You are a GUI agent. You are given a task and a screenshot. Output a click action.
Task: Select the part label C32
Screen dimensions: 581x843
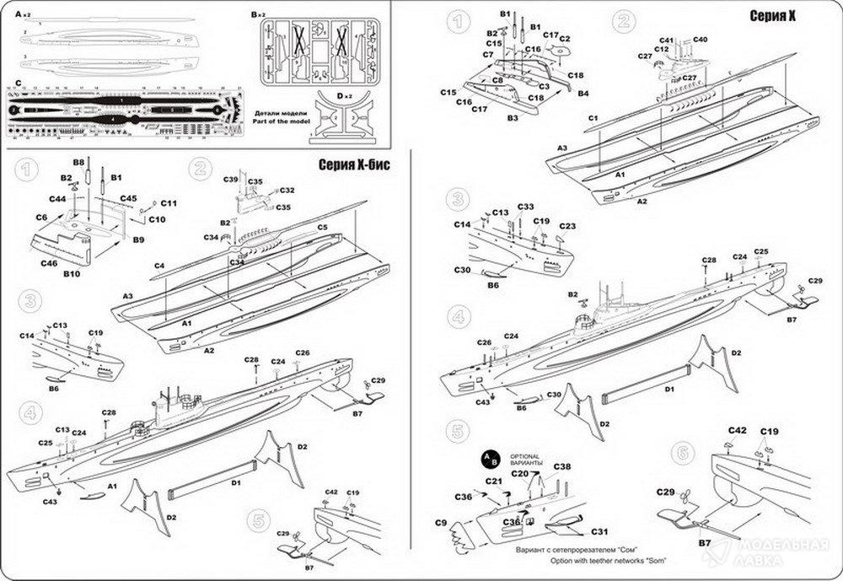point(287,190)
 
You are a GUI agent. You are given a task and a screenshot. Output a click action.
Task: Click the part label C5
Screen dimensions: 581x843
point(322,227)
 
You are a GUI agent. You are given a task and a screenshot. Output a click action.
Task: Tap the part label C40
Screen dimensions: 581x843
point(701,40)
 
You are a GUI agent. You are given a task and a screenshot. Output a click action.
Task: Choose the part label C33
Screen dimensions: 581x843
point(525,207)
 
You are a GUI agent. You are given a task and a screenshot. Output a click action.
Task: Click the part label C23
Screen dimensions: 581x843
point(566,226)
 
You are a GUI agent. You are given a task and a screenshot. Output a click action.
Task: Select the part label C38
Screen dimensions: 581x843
point(562,466)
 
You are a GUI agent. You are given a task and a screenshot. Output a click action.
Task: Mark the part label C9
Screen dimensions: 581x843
point(440,524)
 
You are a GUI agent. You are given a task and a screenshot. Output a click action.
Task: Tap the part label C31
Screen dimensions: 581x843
point(599,531)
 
